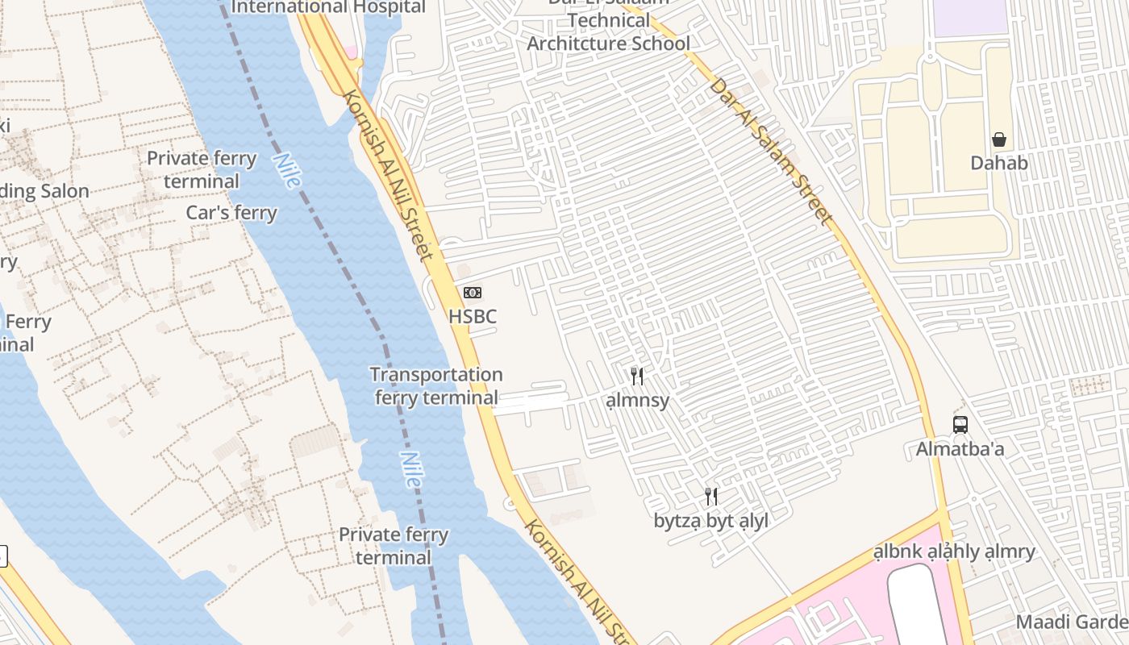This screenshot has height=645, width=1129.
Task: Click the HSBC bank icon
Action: click(x=473, y=293)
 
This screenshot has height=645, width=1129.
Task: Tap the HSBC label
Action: click(x=473, y=317)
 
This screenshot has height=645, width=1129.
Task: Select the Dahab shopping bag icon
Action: click(x=999, y=139)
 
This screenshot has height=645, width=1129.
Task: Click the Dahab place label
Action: click(x=999, y=163)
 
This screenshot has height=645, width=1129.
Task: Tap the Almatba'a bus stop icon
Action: click(x=960, y=424)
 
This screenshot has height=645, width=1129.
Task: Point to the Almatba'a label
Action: click(x=960, y=449)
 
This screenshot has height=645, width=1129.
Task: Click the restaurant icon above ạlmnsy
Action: click(x=637, y=376)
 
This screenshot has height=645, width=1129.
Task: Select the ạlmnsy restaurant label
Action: click(x=637, y=400)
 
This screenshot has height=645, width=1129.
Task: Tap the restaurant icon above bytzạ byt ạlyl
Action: click(x=710, y=496)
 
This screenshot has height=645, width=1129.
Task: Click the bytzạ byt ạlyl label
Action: click(x=710, y=521)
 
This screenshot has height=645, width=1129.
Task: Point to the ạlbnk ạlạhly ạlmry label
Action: click(x=954, y=552)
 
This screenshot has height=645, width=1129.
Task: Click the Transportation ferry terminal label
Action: click(x=436, y=386)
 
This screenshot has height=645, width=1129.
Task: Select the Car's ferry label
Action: click(x=231, y=213)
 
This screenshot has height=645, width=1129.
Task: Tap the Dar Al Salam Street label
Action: click(x=770, y=151)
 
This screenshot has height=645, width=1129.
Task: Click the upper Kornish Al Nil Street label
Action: click(x=390, y=174)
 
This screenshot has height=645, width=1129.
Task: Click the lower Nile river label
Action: click(x=410, y=469)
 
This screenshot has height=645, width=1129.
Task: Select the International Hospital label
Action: click(x=328, y=7)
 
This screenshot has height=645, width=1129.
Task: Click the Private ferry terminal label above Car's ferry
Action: click(x=202, y=169)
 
